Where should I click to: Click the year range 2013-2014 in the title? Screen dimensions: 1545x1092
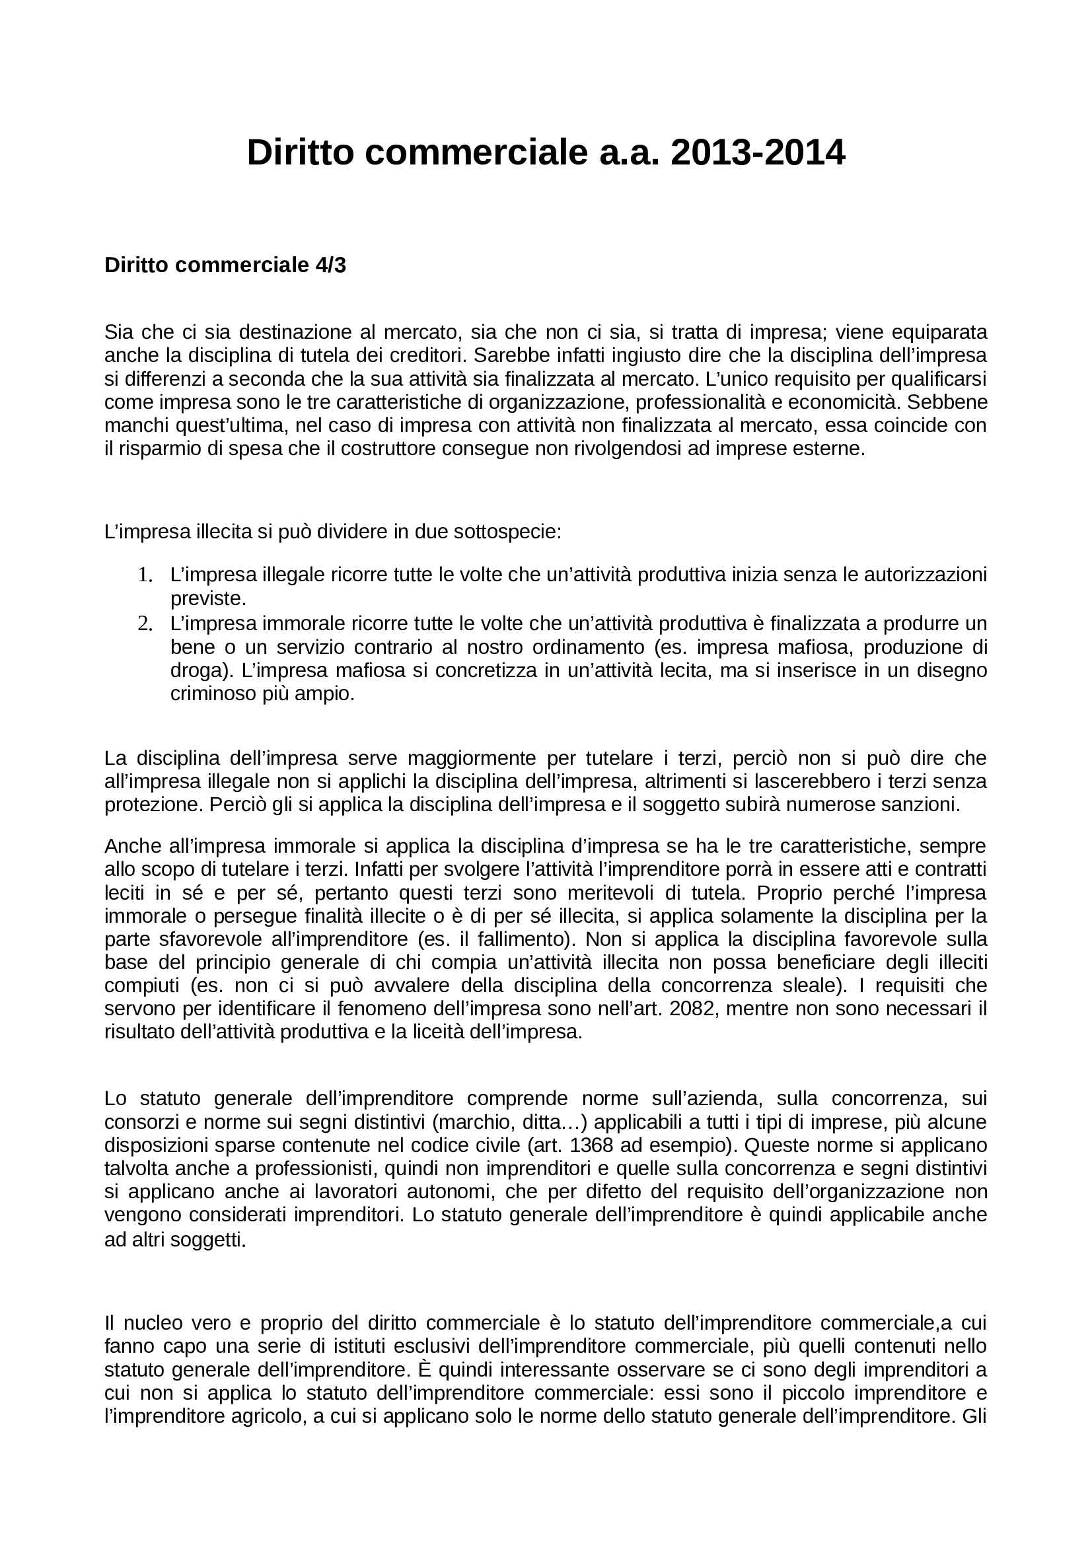coord(758,153)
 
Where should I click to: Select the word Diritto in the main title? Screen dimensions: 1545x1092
coord(300,153)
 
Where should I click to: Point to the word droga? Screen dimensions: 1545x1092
coord(194,670)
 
